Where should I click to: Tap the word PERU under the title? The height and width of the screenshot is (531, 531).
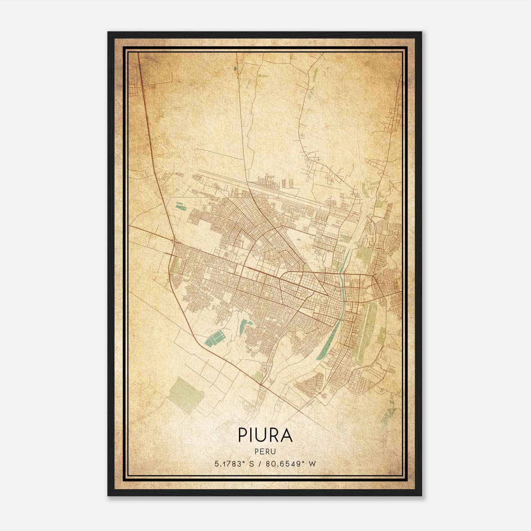click(265, 452)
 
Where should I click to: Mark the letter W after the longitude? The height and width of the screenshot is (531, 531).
click(312, 464)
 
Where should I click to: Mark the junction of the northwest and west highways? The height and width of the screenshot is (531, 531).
click(174, 240)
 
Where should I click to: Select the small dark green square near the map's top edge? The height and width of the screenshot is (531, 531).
click(235, 69)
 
